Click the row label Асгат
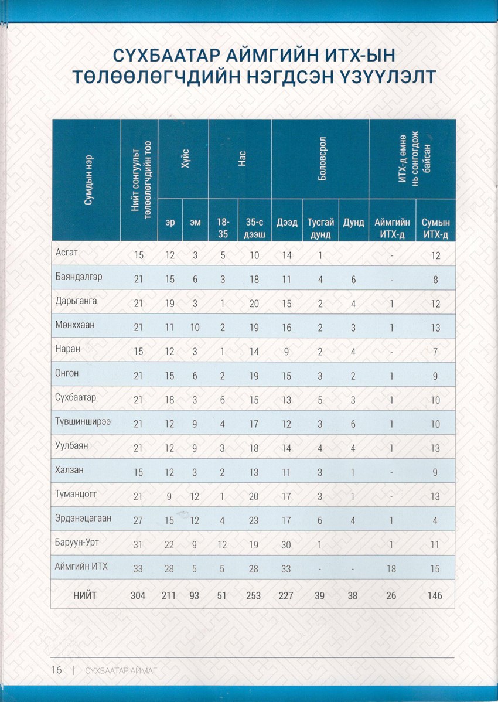pyautogui.click(x=66, y=253)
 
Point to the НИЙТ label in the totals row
pyautogui.click(x=85, y=595)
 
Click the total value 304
pyautogui.click(x=138, y=595)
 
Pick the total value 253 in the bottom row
pyautogui.click(x=254, y=595)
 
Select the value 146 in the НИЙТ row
pyautogui.click(x=435, y=595)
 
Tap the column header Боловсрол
pyautogui.click(x=320, y=159)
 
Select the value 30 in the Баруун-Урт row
pyautogui.click(x=286, y=545)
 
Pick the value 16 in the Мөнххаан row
pyautogui.click(x=286, y=328)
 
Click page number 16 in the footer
pyautogui.click(x=56, y=670)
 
